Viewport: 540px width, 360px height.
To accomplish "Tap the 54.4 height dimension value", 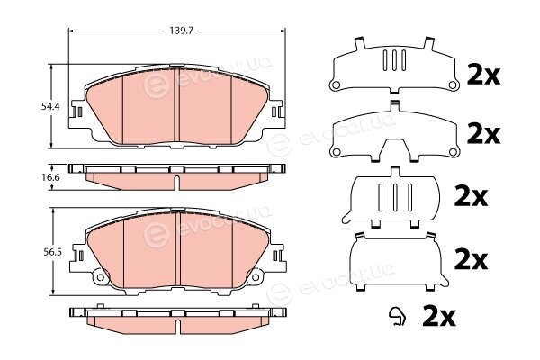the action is [x=50, y=107].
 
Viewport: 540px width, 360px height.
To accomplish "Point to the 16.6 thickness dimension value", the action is [x=51, y=177].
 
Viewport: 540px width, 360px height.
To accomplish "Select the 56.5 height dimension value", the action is [x=52, y=253].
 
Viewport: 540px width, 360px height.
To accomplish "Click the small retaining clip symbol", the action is [x=397, y=316].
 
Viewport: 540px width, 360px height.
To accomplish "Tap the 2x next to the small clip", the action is [x=439, y=316].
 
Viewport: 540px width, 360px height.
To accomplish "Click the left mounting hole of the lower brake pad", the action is [x=100, y=277].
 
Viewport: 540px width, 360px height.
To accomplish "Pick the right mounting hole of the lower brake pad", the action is [x=256, y=277].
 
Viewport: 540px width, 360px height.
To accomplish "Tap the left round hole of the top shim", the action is [x=336, y=85].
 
